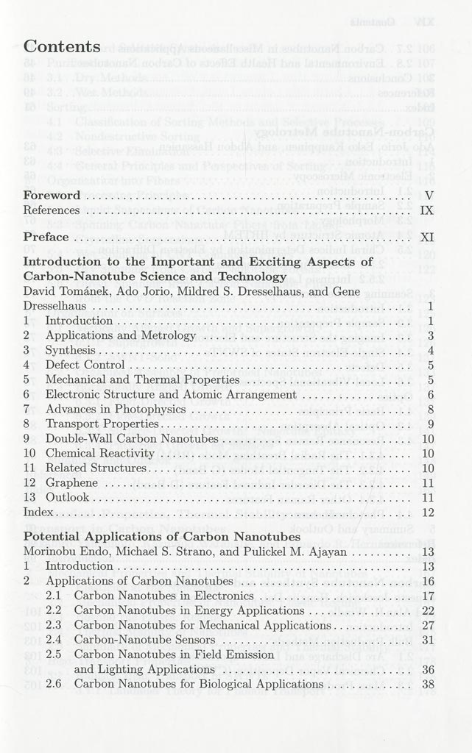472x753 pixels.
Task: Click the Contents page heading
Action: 62,47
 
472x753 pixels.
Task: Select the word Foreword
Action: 52,196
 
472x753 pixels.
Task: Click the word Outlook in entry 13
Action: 67,497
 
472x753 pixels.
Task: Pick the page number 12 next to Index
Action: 428,512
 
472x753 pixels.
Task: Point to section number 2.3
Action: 53,625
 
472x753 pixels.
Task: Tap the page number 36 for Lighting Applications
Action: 428,669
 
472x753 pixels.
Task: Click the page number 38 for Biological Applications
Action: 428,684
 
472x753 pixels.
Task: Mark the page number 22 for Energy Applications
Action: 428,610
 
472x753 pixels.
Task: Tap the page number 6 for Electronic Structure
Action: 431,394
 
